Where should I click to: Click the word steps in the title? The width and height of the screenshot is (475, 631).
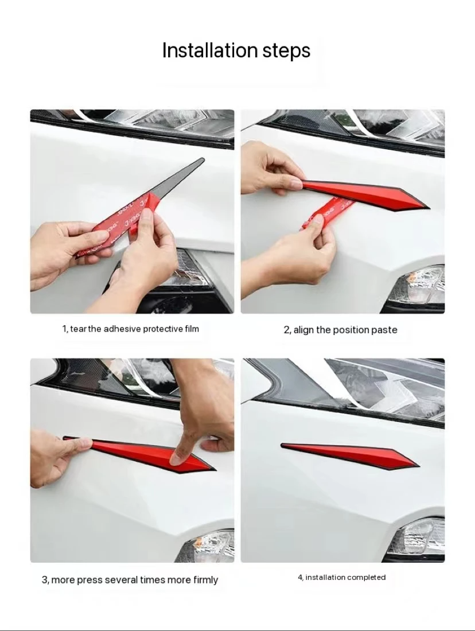286,52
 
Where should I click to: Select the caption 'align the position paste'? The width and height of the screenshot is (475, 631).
345,330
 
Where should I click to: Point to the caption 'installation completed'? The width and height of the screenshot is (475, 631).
345,577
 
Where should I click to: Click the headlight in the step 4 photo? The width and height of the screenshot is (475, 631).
390,384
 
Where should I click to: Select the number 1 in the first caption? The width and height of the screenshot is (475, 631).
64,329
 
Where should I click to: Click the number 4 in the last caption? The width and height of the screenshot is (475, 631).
299,577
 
